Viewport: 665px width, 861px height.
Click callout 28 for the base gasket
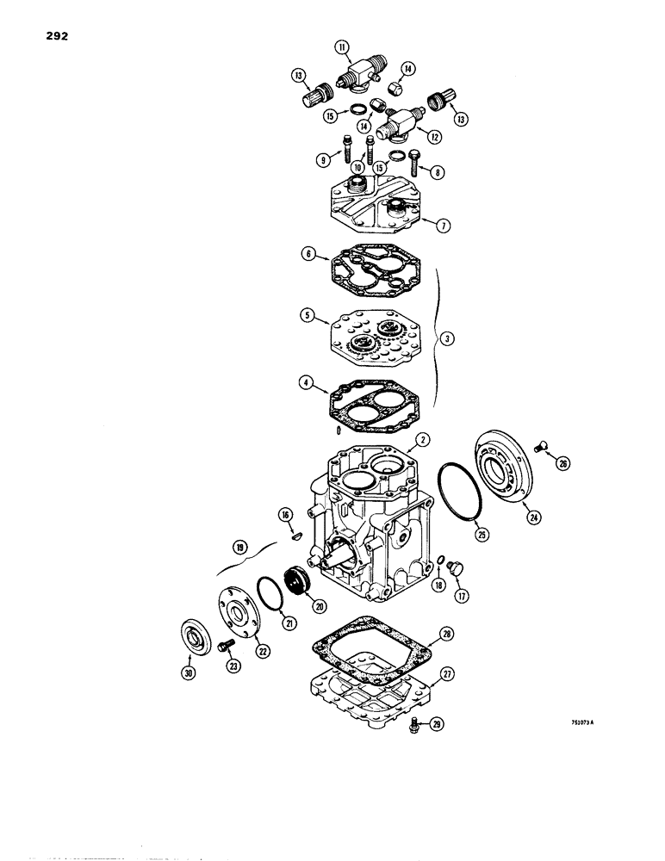pos(446,633)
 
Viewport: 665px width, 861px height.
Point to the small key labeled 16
pos(294,536)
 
